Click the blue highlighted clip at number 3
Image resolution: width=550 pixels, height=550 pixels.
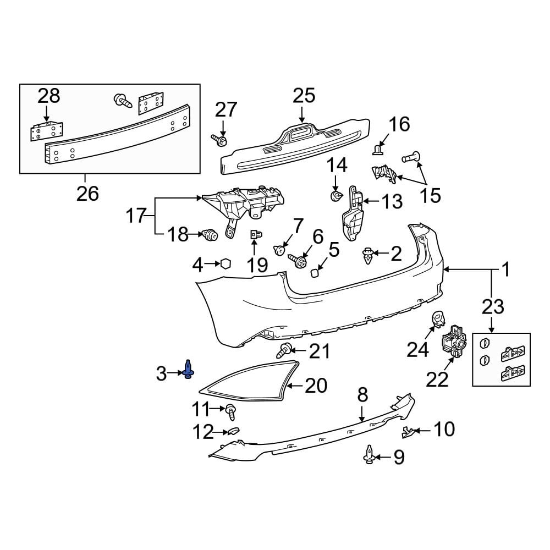tap(189, 370)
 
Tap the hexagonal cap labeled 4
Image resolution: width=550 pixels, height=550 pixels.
tap(225, 264)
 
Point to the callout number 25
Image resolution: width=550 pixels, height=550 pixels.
tap(304, 95)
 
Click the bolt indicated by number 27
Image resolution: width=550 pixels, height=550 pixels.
tap(221, 141)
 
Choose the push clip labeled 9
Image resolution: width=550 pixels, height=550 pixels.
tap(369, 455)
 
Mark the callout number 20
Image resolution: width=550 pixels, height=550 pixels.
tap(315, 386)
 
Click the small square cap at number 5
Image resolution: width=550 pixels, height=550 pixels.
tap(315, 272)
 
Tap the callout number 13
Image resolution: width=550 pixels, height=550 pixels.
tap(392, 202)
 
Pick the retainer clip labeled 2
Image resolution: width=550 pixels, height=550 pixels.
tap(367, 255)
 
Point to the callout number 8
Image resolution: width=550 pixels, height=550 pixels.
tap(362, 395)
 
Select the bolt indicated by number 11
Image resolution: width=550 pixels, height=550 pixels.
tap(231, 409)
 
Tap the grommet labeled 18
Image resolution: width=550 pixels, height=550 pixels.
tap(210, 235)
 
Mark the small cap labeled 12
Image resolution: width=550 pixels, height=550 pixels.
tap(233, 431)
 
